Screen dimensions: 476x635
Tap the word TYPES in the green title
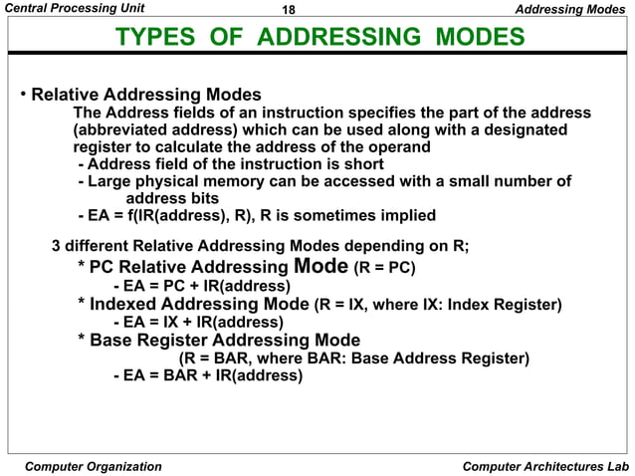pyautogui.click(x=153, y=39)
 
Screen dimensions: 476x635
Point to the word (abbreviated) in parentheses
pyautogui.click(x=125, y=130)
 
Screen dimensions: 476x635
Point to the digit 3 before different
pyautogui.click(x=57, y=245)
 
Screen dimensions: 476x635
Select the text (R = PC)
pyautogui.click(x=384, y=268)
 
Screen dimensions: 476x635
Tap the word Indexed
pyautogui.click(x=127, y=304)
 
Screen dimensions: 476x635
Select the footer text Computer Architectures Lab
pyautogui.click(x=545, y=466)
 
